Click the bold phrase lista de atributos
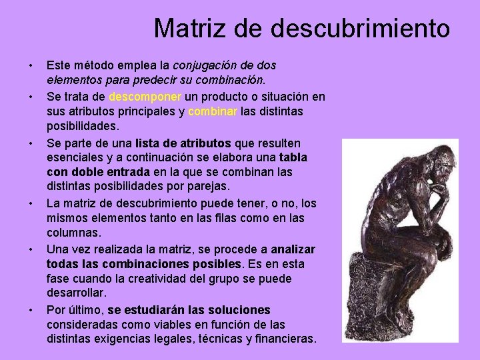[x=183, y=143]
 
